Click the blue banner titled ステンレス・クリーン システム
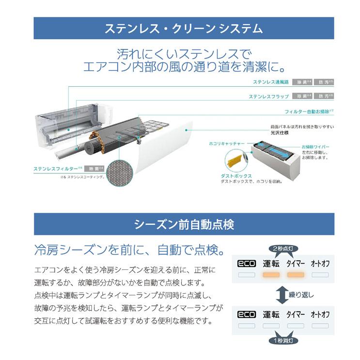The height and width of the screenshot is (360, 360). (x=184, y=29)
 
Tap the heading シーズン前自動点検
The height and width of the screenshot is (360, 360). (x=184, y=225)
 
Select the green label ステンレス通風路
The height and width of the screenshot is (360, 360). (x=271, y=82)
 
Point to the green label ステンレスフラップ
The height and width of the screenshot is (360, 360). (x=269, y=96)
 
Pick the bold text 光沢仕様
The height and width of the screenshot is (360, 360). (x=281, y=133)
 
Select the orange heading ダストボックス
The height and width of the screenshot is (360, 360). (x=235, y=176)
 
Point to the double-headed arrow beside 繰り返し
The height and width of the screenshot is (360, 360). (x=281, y=294)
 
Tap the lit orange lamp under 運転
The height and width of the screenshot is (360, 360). (x=271, y=275)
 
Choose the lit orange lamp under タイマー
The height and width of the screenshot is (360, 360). (x=296, y=275)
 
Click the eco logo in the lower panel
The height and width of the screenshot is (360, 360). (x=246, y=314)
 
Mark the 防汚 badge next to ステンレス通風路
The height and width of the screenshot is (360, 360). (x=324, y=82)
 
